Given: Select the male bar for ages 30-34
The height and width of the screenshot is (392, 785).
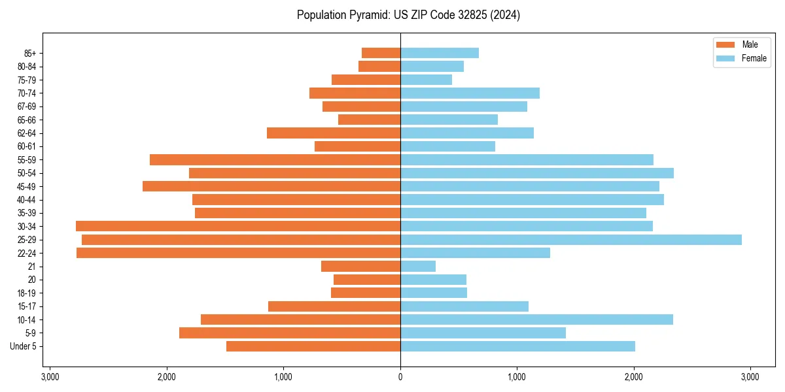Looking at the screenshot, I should (x=238, y=226).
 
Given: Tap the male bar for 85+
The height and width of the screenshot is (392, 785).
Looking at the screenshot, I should (x=381, y=53).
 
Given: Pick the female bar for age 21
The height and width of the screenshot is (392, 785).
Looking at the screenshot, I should (x=418, y=267).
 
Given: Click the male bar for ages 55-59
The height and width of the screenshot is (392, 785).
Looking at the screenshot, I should (x=275, y=159).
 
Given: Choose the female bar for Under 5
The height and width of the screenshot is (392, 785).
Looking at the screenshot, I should (x=517, y=346).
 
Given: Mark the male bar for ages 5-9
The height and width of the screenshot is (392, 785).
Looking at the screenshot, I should (x=290, y=333).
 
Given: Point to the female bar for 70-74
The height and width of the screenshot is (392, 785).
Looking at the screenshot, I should (x=470, y=93).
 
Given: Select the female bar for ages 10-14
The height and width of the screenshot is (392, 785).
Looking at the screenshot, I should (x=536, y=319).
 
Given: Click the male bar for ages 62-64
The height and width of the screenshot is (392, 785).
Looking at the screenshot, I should (x=334, y=133).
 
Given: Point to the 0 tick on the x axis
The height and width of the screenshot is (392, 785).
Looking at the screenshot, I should (x=400, y=377).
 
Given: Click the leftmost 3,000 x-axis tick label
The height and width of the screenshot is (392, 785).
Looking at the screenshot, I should (x=50, y=377).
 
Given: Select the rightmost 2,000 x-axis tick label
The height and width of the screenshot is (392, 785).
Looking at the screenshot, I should (x=634, y=377).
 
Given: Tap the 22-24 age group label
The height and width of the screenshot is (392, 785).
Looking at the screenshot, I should (x=27, y=253).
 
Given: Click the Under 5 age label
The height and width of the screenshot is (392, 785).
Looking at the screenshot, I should (x=24, y=346).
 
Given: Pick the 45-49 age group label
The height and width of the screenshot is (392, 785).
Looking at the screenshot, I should (x=27, y=187).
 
